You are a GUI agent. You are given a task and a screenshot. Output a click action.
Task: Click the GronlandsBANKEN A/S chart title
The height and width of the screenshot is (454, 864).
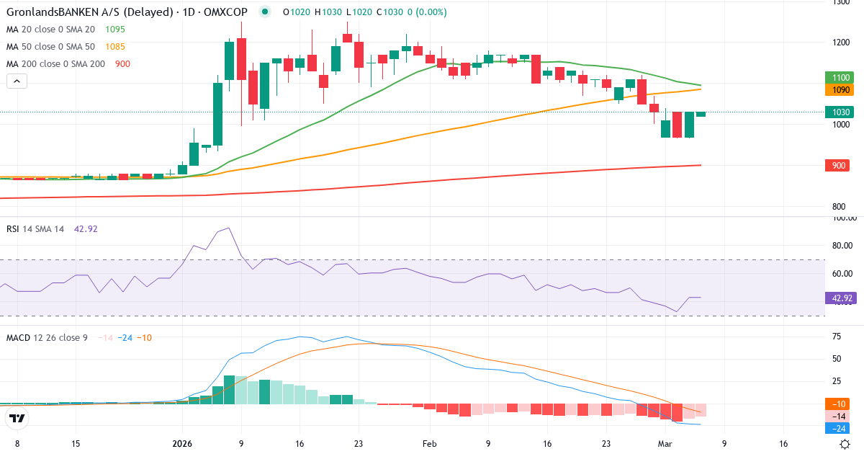pos(126,12)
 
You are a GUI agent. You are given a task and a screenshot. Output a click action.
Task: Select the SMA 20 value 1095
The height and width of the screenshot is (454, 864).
pos(115,30)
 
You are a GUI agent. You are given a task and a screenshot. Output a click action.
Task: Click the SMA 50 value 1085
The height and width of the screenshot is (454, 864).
pos(115,47)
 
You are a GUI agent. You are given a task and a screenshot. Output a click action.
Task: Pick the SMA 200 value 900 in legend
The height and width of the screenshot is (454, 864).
pos(122,64)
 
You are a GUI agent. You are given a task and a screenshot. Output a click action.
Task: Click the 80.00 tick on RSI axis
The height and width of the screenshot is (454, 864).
pos(842,246)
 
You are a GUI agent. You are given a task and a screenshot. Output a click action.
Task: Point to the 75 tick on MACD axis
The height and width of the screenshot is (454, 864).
pos(837,337)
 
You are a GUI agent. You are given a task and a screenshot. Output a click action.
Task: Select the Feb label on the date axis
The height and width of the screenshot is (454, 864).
pos(430,445)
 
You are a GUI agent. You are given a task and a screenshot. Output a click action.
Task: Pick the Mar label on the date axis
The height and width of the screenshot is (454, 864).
pos(665,445)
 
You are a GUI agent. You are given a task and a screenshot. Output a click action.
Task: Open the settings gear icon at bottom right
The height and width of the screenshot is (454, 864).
pos(845,445)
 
